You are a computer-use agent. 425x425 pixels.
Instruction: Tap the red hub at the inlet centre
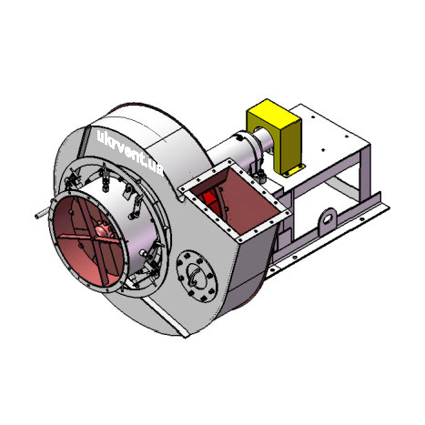(104, 230)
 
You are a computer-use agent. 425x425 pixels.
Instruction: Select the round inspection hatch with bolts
(197, 277)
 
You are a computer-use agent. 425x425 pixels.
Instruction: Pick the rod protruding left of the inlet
(42, 214)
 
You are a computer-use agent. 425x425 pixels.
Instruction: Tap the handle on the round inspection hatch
(194, 276)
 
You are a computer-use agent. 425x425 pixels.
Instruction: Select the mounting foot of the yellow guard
(294, 170)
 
